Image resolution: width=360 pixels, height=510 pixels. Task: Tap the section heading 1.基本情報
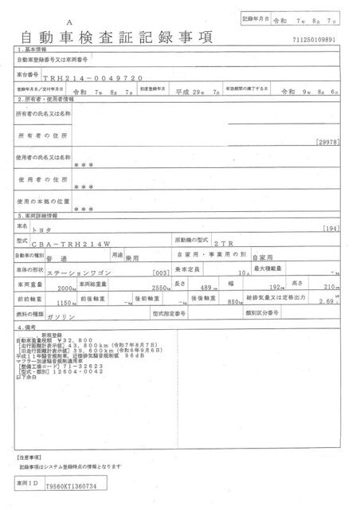pos(34,49)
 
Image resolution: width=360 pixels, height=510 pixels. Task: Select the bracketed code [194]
pos(335,229)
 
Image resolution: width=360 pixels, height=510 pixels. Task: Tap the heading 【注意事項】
pos(29,458)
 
